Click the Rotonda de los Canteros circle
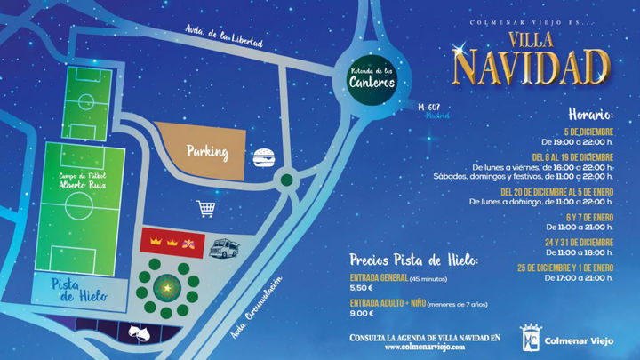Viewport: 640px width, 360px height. tap(372, 77)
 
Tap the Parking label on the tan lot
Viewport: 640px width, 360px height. tap(206, 152)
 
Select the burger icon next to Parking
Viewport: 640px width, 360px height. tap(263, 159)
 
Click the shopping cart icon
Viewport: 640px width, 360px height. tap(207, 209)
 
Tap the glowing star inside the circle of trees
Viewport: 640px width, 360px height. tap(166, 286)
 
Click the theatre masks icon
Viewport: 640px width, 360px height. tap(139, 331)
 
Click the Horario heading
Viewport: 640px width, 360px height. tap(587, 116)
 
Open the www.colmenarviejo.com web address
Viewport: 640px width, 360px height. tap(425, 348)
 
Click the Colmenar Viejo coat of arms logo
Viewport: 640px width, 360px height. tap(532, 339)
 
